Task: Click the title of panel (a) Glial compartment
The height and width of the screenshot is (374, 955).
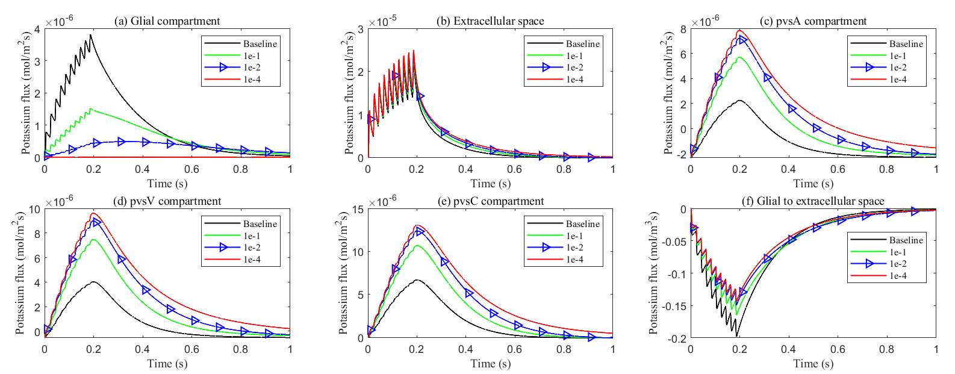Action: coord(167,21)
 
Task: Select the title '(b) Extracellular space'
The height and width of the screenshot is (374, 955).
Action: coord(490,21)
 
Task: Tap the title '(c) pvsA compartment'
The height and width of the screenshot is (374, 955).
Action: coord(813,21)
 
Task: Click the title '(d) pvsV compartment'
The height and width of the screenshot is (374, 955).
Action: coord(167,201)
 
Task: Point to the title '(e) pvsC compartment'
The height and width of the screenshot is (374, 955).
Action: coord(490,201)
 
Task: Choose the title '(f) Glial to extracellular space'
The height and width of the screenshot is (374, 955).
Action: coord(813,201)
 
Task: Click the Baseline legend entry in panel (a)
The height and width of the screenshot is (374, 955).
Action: coord(260,44)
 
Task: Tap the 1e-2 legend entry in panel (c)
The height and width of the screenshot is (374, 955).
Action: coord(898,67)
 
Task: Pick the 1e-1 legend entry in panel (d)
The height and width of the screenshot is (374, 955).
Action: coord(252,236)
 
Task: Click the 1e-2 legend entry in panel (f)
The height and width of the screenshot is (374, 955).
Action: coord(898,264)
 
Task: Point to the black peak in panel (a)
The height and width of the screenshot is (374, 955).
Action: coord(91,35)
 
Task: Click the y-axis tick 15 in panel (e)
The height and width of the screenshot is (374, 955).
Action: coord(358,210)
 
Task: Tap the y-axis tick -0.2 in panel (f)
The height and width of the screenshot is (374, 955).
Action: coord(676,338)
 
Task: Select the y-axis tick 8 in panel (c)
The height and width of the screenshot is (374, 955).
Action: coord(683,30)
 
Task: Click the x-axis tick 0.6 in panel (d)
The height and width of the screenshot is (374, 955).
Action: coord(192,349)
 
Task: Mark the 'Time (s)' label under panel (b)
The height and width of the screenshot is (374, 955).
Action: coord(490,184)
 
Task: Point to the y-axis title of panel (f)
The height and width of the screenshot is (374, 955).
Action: coord(655,273)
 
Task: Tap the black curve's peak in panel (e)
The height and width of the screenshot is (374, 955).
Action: coord(417,280)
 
